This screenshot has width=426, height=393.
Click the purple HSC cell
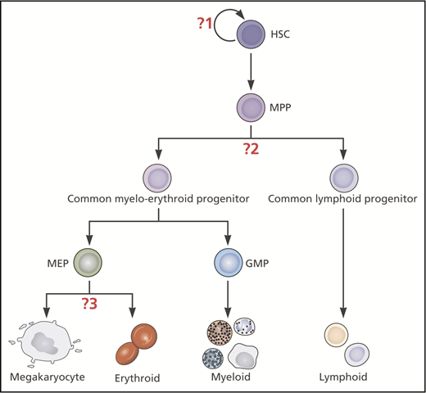tap(252, 34)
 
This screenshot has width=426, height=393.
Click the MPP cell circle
tap(252, 107)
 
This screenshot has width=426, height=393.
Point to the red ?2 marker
tap(251, 149)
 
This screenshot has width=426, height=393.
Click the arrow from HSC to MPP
tap(252, 70)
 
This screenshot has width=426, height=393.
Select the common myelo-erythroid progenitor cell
tap(156, 178)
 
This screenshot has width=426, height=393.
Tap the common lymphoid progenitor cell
tap(343, 178)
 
